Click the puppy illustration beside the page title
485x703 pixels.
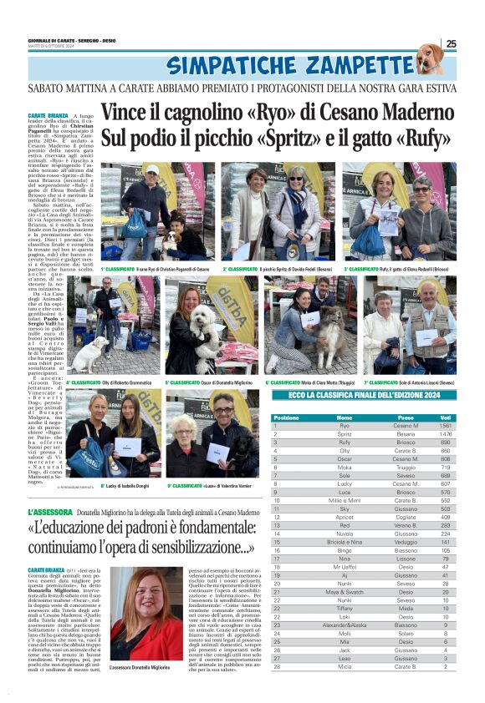431,59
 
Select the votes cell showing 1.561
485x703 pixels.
446,426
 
